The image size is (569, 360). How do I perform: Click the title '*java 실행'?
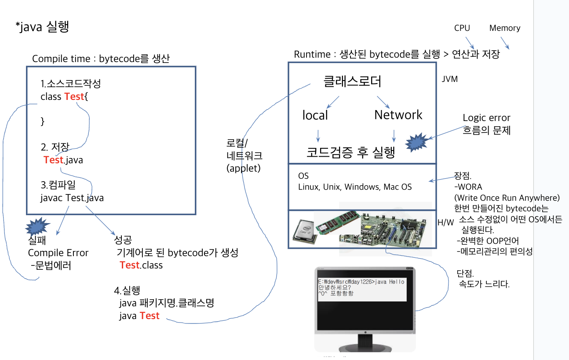[42, 27]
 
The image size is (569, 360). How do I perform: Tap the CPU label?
[462, 28]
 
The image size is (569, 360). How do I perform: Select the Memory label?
[504, 28]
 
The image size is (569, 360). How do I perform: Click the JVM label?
[449, 79]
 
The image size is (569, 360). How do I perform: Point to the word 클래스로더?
[352, 81]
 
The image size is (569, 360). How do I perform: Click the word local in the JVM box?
[315, 115]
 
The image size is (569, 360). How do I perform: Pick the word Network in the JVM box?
[398, 115]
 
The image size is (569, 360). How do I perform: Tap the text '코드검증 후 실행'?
[350, 152]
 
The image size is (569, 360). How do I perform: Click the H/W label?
[445, 223]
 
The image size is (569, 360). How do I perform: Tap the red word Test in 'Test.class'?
[129, 265]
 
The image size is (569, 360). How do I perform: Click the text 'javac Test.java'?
[72, 198]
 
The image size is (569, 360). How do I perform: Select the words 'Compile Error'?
[58, 253]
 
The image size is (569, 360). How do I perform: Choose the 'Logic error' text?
[486, 118]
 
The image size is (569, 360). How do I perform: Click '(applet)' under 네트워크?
[244, 168]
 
